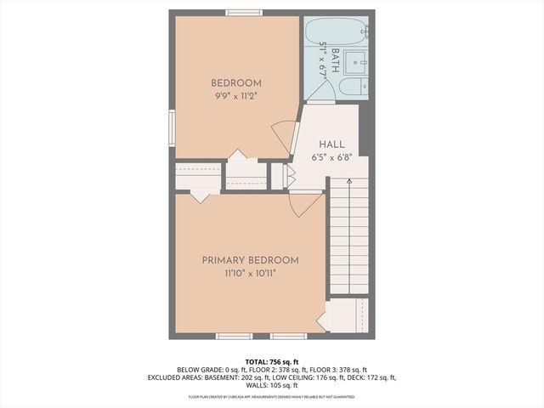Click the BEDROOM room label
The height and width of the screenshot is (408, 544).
[x=235, y=82]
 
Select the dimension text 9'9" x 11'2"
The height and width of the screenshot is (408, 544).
[x=235, y=96]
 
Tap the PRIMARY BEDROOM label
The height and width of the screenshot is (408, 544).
[x=250, y=260]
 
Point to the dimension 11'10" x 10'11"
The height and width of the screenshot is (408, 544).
[x=250, y=274]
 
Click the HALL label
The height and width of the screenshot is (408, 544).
[x=331, y=144]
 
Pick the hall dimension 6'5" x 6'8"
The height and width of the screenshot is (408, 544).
[x=331, y=157]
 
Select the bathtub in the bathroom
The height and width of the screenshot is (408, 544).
[x=335, y=31]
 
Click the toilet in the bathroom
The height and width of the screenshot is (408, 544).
[x=352, y=87]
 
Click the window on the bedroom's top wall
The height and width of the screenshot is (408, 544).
[x=244, y=13]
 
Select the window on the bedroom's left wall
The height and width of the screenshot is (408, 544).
[x=172, y=128]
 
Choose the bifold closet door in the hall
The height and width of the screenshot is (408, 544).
[x=288, y=176]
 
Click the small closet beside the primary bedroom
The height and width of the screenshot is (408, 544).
[x=347, y=315]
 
